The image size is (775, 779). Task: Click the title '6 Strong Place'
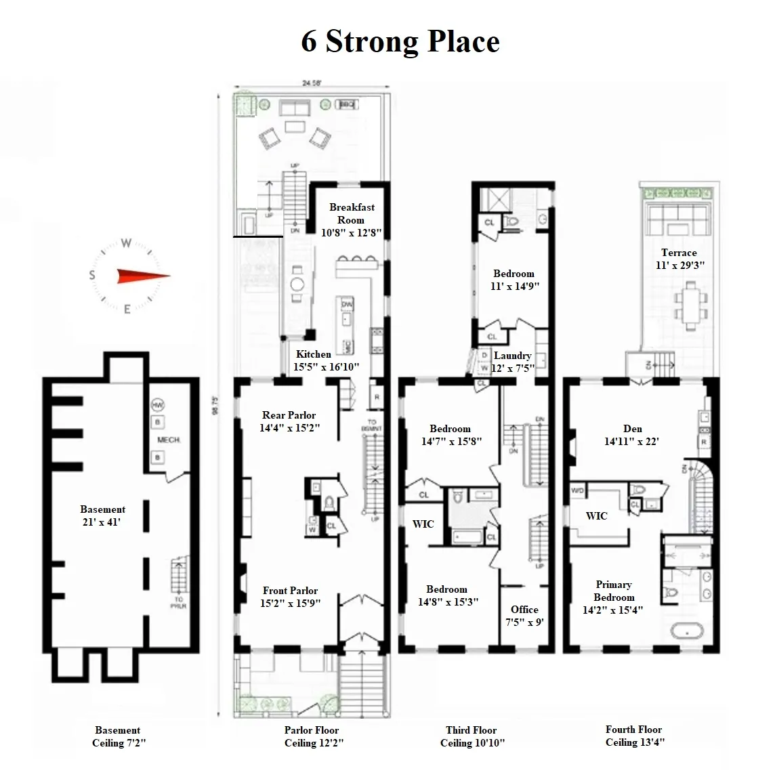pyautogui.click(x=400, y=41)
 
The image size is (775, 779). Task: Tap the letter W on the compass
pyautogui.click(x=126, y=243)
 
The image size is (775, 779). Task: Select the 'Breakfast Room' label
pyautogui.click(x=351, y=213)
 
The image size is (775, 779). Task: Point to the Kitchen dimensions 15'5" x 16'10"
pyautogui.click(x=326, y=367)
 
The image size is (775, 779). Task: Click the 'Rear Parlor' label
pyautogui.click(x=289, y=415)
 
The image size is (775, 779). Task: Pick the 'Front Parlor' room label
pyautogui.click(x=290, y=591)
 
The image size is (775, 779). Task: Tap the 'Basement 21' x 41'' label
pyautogui.click(x=102, y=515)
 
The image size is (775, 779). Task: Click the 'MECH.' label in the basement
pyautogui.click(x=169, y=440)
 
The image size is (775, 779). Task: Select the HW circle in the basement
pyautogui.click(x=159, y=404)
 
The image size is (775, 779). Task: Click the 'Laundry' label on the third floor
pyautogui.click(x=512, y=356)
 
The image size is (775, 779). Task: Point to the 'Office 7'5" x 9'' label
pyautogui.click(x=524, y=616)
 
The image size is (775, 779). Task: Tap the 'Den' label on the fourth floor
pyautogui.click(x=632, y=429)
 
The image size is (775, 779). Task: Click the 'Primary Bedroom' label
pyautogui.click(x=614, y=591)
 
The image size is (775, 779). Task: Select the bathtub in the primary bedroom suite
pyautogui.click(x=689, y=632)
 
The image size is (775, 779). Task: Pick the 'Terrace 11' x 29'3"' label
pyautogui.click(x=678, y=259)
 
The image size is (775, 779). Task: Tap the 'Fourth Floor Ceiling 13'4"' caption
pyautogui.click(x=634, y=736)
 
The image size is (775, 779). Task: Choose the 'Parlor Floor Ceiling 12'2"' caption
pyautogui.click(x=312, y=736)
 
